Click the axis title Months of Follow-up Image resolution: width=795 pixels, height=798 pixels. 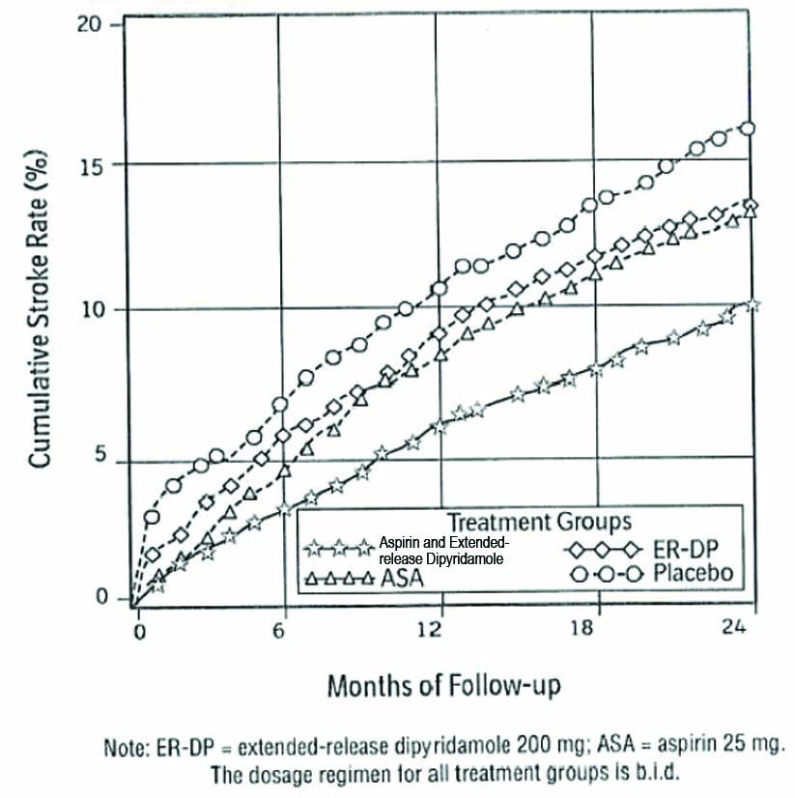click(x=444, y=686)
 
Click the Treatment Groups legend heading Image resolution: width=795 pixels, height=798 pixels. click(x=539, y=521)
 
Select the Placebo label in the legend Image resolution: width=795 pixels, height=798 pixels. click(x=694, y=573)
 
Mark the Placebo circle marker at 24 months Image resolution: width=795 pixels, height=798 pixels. click(x=747, y=128)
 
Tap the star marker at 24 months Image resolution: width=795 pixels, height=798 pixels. click(x=753, y=305)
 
